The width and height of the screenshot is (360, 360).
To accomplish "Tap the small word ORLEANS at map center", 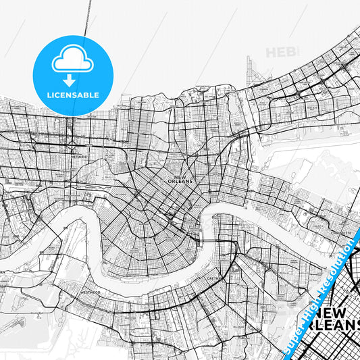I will (x=184, y=181).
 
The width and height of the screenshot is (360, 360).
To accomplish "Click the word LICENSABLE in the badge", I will (x=73, y=95).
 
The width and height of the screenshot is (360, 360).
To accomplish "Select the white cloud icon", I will (x=73, y=61).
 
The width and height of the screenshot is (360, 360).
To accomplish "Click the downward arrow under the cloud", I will (x=73, y=79).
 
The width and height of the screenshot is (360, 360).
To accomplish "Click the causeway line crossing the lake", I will (x=88, y=17).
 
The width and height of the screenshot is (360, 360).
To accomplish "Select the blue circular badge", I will (x=73, y=75).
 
